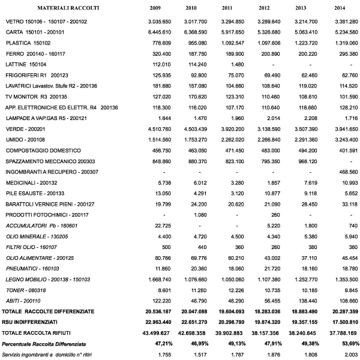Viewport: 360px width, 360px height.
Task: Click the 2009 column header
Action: [x=155, y=8]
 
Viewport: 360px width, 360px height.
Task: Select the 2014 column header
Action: [x=339, y=8]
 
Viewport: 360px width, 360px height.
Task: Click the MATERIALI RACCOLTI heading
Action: [x=68, y=8]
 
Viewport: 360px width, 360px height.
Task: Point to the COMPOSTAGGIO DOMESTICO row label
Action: [x=43, y=151]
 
